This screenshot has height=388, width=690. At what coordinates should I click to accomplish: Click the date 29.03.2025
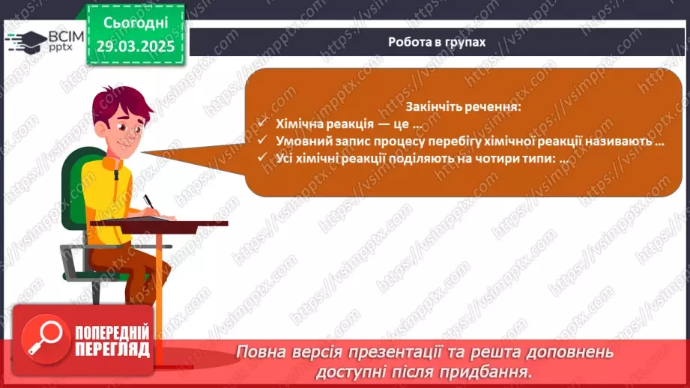point(136,46)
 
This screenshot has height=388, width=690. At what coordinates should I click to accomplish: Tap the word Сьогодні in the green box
point(136,23)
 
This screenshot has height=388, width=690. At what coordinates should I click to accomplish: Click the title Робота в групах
point(437,42)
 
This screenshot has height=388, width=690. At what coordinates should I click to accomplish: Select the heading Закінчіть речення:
point(463,106)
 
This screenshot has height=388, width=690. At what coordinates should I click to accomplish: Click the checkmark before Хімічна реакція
point(263,122)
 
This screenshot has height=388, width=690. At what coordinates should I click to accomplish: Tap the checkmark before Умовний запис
point(263,140)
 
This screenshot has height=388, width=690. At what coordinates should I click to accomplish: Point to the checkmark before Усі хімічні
point(263,157)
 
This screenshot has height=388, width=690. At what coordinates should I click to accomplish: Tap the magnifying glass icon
point(46,339)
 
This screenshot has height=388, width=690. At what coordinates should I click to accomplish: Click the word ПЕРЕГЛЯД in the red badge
point(112,350)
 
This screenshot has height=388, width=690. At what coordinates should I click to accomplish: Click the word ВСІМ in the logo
point(66,37)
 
